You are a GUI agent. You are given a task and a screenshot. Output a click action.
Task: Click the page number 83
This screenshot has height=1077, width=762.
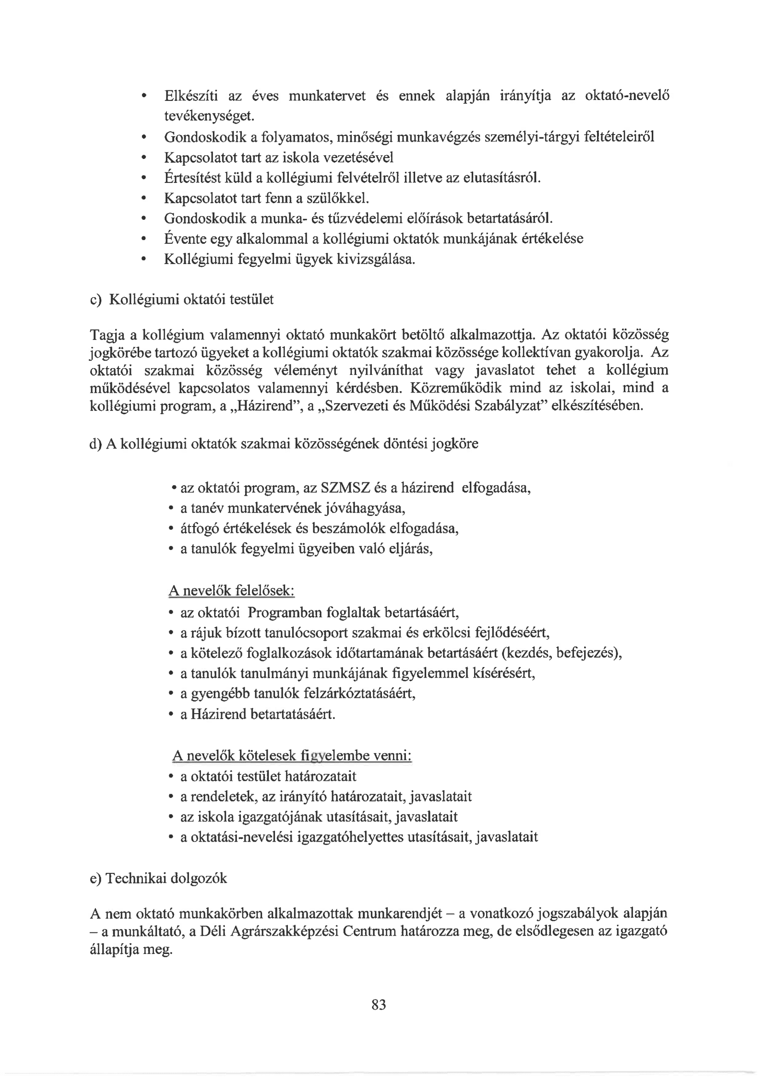(378, 1004)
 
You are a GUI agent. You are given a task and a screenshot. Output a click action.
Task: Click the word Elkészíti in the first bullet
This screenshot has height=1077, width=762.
(191, 96)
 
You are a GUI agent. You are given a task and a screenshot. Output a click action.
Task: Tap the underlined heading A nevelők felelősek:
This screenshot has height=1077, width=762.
(231, 591)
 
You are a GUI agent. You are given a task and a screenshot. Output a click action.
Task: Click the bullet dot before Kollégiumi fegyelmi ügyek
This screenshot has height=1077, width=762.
(143, 259)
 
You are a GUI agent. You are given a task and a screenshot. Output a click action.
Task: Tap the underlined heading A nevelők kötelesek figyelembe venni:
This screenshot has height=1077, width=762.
(292, 755)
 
